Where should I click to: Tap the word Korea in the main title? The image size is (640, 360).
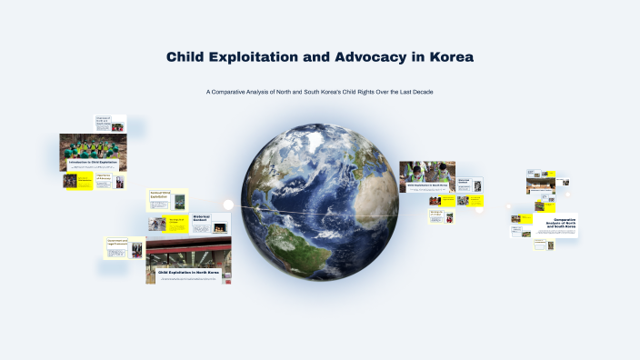pyautogui.click(x=448, y=57)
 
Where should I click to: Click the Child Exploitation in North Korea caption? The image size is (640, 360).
pyautogui.click(x=189, y=272)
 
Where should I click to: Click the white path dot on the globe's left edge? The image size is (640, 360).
pyautogui.click(x=228, y=205)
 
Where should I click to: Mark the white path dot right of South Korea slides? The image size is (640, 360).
pyautogui.click(x=479, y=210)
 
